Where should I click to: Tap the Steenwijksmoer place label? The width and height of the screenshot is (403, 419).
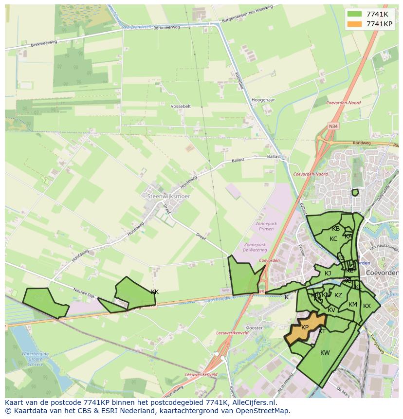[x=168, y=196]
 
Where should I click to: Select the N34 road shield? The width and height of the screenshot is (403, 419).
[x=333, y=126]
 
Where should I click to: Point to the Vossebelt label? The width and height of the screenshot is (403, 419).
[x=181, y=106]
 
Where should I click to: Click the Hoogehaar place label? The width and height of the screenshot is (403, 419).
[x=264, y=100]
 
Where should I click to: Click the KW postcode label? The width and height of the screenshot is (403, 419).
[x=325, y=353]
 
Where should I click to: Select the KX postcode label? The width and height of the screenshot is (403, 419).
[x=367, y=306]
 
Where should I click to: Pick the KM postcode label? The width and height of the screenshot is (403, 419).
[x=353, y=305]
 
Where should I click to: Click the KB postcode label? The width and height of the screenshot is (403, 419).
[x=336, y=229]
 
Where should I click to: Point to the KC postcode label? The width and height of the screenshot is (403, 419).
[x=333, y=239]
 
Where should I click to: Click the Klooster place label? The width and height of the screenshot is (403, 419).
[x=255, y=328]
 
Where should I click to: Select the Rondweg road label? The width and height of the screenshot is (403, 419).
[x=362, y=143]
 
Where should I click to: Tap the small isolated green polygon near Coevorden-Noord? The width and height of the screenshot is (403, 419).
[x=355, y=193]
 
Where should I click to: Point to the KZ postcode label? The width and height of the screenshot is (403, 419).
[x=338, y=295]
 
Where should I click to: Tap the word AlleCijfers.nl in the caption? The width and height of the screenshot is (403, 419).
[x=254, y=403]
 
